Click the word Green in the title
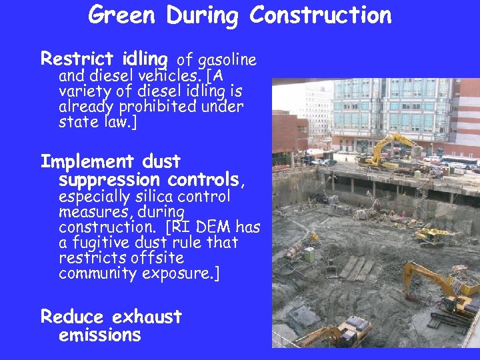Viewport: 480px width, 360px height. point(124,15)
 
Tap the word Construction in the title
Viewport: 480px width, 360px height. point(320,15)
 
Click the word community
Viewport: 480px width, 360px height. point(97,273)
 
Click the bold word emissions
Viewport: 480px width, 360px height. point(100,335)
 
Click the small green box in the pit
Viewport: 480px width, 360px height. point(309,254)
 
